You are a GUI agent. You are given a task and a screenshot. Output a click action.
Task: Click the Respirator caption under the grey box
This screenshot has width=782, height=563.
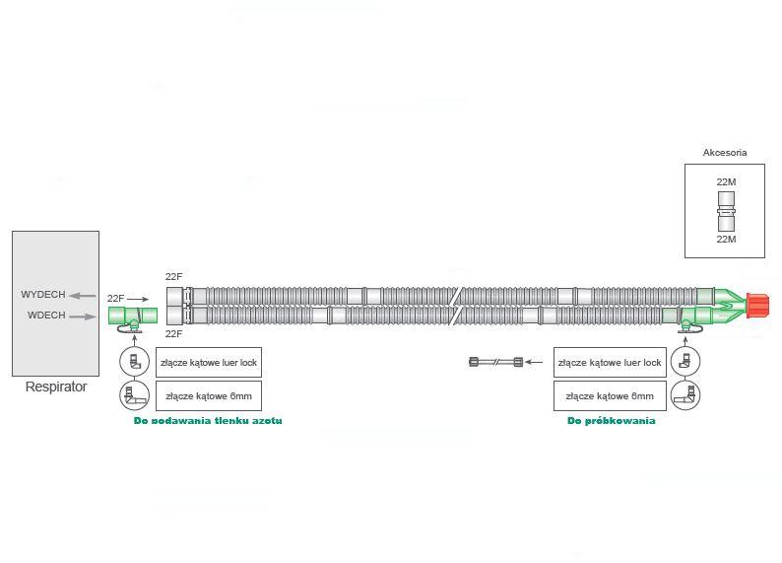click(x=55, y=387)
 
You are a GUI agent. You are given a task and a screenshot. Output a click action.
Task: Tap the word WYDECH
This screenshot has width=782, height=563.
click(x=43, y=295)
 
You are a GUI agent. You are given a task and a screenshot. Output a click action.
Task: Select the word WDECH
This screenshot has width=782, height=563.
click(x=46, y=316)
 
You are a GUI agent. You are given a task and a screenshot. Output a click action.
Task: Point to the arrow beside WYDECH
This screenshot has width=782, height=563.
click(x=82, y=295)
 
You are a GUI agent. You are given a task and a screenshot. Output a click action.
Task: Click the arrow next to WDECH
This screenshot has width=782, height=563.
click(x=84, y=317)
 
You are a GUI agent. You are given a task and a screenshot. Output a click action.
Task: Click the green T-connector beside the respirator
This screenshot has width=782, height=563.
click(x=133, y=316)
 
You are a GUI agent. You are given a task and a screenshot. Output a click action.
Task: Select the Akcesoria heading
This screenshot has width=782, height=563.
click(x=724, y=153)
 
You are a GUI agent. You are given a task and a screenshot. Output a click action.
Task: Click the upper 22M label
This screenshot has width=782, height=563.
click(x=726, y=182)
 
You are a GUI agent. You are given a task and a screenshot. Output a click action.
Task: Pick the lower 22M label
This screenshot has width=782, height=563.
click(x=726, y=240)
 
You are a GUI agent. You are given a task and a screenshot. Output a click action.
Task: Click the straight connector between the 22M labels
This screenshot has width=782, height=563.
click(x=726, y=211)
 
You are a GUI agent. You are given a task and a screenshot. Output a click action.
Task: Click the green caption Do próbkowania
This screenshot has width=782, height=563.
click(x=611, y=421)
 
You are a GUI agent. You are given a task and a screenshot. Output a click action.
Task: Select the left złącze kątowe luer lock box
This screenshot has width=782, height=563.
click(x=209, y=363)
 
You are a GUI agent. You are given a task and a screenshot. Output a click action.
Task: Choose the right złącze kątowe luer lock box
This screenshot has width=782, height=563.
click(x=609, y=363)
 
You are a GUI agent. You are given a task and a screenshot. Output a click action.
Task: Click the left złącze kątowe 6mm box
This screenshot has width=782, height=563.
click(x=209, y=396)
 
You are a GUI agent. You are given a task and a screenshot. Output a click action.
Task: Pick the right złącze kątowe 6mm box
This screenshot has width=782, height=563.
click(x=609, y=396)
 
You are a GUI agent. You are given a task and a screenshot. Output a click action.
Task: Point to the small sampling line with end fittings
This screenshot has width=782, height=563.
click(x=495, y=363)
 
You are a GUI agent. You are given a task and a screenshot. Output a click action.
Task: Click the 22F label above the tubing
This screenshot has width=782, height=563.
click(x=174, y=277)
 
